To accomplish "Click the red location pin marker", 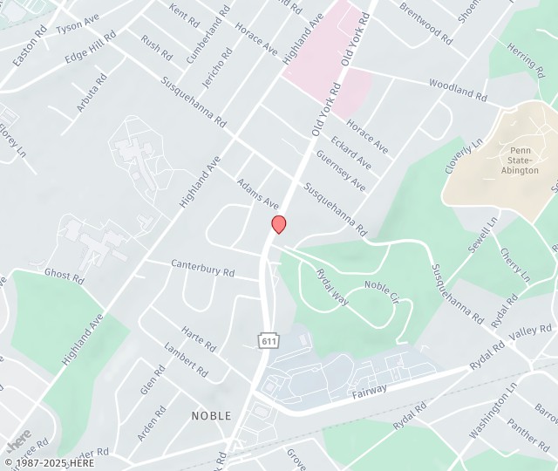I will (x=279, y=224).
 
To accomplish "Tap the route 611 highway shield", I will (x=268, y=341).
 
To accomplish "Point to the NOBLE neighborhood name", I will (x=212, y=416).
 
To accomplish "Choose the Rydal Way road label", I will (x=332, y=287).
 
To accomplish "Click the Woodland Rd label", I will (x=457, y=88).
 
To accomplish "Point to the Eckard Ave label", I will (x=350, y=152).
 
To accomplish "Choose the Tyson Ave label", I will (x=78, y=24).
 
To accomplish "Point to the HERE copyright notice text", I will (x=50, y=462).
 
